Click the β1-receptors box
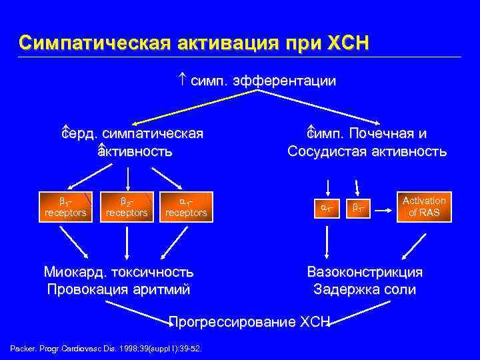pos(65,207)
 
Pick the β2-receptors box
pos(127,207)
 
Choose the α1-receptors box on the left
pos(186,207)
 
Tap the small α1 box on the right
pos(328,208)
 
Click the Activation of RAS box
pos(424,207)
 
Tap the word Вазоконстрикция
pos(365,272)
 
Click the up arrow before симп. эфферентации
pos(183,81)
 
